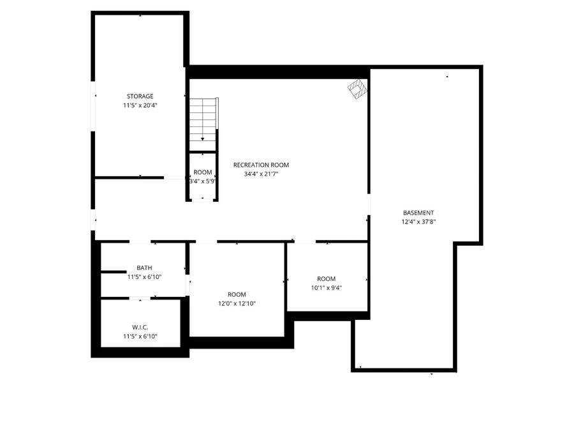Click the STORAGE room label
[140, 96]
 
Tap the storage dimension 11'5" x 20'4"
[140, 105]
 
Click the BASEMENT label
[418, 213]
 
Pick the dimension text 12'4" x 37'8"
[418, 222]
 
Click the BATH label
[144, 268]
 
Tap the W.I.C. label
[140, 327]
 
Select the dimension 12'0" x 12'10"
[236, 303]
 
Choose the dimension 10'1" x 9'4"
[327, 287]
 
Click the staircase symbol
[203, 121]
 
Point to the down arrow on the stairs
[203, 138]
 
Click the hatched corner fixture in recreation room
[358, 88]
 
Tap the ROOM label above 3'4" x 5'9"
[203, 172]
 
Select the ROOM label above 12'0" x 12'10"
[236, 294]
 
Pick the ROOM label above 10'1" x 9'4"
[327, 278]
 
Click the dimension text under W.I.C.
[140, 336]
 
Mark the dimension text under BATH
[144, 277]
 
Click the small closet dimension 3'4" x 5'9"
[203, 181]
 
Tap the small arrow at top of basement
[447, 77]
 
